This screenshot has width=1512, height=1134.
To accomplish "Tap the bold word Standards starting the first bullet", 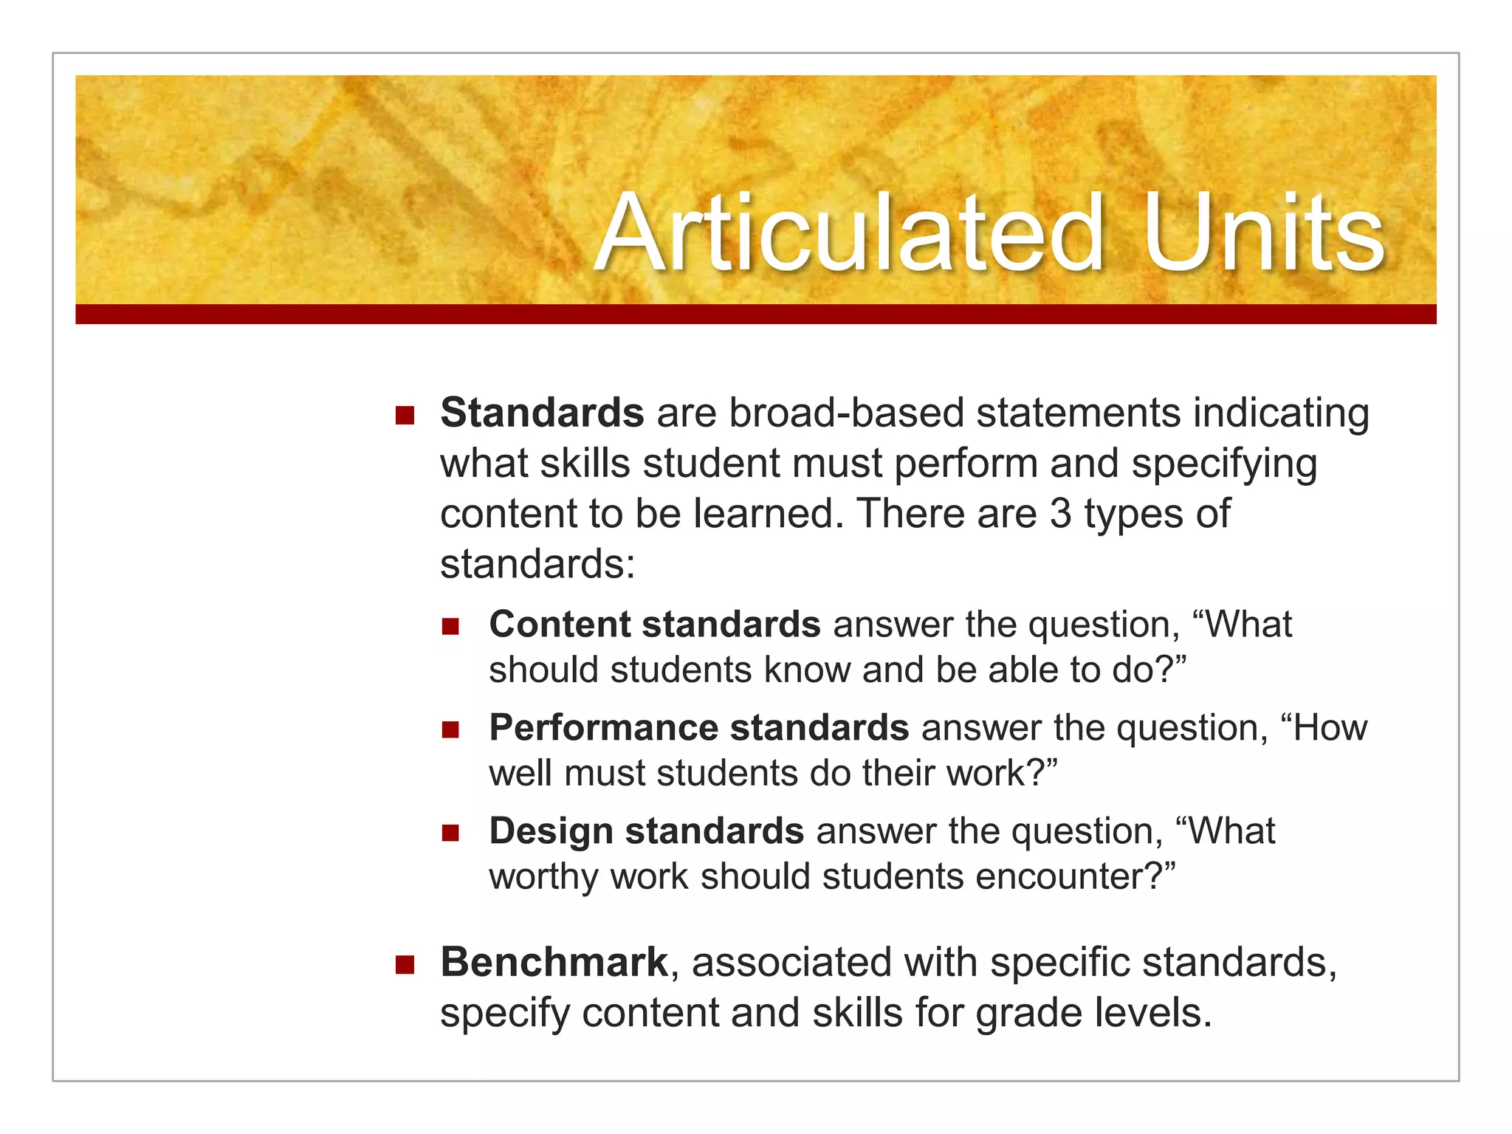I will tap(542, 413).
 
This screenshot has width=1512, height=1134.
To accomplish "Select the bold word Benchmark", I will tap(554, 963).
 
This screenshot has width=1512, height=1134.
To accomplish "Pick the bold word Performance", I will tap(603, 728).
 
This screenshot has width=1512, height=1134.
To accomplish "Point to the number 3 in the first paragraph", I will tap(1060, 514).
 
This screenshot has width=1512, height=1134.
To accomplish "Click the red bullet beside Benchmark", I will tap(405, 964).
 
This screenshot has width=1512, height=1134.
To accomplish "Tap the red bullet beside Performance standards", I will tap(450, 730).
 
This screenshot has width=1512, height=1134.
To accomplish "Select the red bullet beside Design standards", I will tap(450, 834).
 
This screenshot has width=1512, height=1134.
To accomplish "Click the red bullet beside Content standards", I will tap(450, 627).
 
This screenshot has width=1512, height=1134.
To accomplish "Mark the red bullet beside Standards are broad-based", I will tap(405, 416).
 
